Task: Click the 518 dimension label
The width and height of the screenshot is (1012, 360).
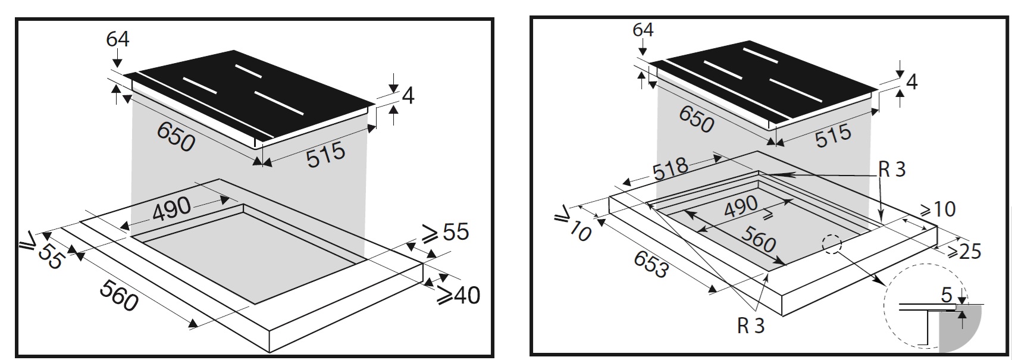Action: point(671,170)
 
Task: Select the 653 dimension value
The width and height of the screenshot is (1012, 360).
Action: point(651,265)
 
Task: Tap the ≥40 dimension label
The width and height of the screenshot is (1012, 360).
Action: point(458,295)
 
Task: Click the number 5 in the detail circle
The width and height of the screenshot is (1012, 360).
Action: point(947,295)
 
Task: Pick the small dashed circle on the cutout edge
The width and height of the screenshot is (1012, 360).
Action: point(832,245)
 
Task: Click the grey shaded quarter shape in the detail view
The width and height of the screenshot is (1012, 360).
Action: point(960,330)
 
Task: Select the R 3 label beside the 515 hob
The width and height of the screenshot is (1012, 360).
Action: point(892,170)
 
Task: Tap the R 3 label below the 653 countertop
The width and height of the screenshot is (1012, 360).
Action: point(750,325)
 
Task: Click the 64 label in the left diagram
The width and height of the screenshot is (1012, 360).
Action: point(117,39)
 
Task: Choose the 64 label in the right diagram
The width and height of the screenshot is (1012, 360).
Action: point(643,30)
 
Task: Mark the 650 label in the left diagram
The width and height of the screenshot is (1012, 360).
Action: point(176,136)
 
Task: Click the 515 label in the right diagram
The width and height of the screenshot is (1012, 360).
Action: point(833,136)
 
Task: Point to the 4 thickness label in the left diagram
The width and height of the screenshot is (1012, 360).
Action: point(408,96)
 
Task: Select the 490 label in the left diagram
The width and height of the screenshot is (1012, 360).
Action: point(172,209)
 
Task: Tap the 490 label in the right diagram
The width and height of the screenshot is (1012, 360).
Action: point(741,207)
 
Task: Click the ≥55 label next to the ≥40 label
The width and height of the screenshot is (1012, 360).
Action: point(445,233)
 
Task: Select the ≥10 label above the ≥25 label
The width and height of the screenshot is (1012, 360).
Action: point(938,209)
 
